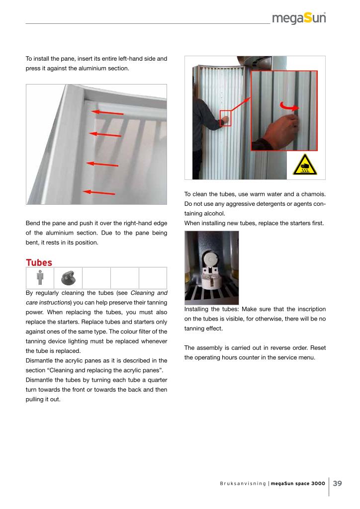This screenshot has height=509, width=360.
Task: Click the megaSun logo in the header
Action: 299,19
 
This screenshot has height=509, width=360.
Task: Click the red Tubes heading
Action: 39,262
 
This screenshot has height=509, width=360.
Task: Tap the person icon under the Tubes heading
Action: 40,277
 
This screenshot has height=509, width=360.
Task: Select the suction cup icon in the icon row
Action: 68,277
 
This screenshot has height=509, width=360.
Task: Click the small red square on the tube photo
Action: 226,118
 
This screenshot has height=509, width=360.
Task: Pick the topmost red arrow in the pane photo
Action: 107,113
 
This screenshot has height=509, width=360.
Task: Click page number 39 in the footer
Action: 338,483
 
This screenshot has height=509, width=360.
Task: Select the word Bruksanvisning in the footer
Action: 240,483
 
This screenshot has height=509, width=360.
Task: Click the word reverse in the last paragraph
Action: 274,348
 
